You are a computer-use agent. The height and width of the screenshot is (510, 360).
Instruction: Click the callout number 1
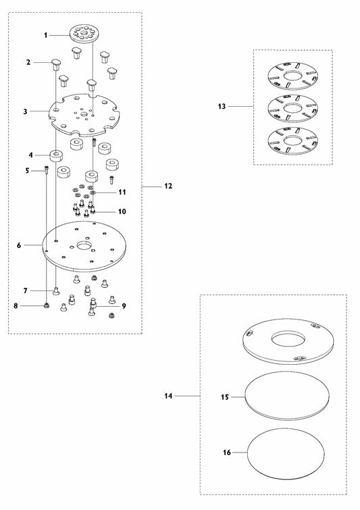46,35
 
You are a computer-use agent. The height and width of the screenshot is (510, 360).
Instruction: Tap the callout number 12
168,186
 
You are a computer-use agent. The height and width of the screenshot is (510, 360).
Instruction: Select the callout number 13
222,106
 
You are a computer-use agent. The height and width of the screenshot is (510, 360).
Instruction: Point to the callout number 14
168,396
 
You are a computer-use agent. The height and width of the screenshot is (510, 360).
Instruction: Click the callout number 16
227,453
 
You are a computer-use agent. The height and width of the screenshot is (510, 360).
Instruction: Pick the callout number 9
124,306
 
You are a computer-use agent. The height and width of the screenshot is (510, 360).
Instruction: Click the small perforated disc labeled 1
84,33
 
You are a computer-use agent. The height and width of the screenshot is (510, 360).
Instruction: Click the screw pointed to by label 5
46,170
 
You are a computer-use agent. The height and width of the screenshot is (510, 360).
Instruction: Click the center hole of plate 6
84,245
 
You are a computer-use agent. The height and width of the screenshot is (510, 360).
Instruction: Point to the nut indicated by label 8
47,305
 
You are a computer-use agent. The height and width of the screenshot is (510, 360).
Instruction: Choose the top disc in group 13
292,76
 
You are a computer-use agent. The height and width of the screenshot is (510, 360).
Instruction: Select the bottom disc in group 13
292,141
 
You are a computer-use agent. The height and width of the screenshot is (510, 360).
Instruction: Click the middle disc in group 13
292,108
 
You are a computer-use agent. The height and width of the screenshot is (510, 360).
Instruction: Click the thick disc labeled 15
287,396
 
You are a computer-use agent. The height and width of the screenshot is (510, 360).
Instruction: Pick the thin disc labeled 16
286,454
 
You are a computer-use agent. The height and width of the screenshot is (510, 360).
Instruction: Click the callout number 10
122,211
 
